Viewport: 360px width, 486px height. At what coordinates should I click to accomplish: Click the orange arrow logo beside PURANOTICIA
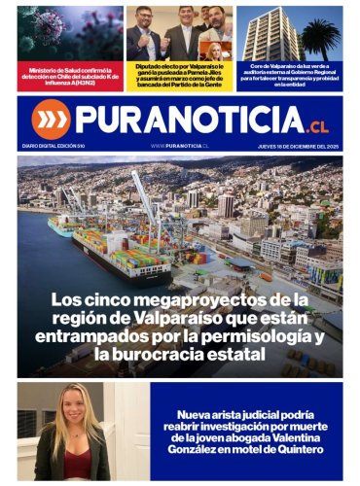pyautogui.click(x=51, y=119)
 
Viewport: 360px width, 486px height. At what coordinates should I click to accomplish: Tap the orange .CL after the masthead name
pyautogui.click(x=318, y=125)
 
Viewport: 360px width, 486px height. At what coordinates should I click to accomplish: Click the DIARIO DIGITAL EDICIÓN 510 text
pyautogui.click(x=53, y=145)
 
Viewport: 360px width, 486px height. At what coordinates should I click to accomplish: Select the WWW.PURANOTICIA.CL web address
pyautogui.click(x=180, y=145)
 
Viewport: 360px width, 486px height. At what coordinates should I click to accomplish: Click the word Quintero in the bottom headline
pyautogui.click(x=293, y=449)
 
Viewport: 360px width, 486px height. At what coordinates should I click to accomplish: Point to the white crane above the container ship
pyautogui.click(x=146, y=199)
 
